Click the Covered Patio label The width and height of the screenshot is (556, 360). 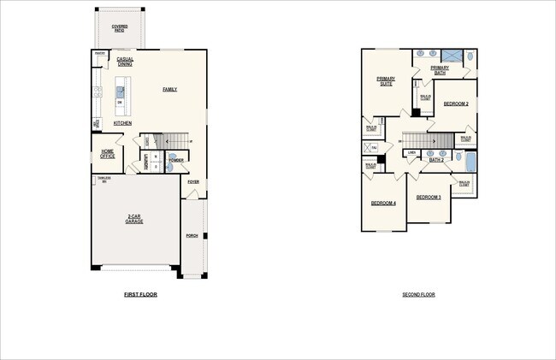(x=120, y=28)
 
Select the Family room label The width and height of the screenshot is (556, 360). (x=169, y=89)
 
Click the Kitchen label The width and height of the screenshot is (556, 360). (x=122, y=123)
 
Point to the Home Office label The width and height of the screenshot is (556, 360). (x=107, y=154)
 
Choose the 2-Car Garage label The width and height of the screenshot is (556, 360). (x=133, y=219)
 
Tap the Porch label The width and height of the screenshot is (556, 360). (x=192, y=235)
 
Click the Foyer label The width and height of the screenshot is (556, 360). (x=193, y=182)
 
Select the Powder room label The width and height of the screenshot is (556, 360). (x=176, y=160)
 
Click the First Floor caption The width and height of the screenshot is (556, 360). (x=140, y=295)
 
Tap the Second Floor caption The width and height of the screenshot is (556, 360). (x=418, y=295)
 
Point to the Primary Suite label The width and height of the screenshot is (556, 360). (x=386, y=81)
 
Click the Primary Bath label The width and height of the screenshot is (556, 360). (x=440, y=70)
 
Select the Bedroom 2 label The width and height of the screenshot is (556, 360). (x=455, y=103)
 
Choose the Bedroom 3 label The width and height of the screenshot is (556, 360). (x=429, y=197)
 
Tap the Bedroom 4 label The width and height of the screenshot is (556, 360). (x=382, y=203)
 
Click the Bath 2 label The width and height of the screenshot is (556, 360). (x=435, y=160)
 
